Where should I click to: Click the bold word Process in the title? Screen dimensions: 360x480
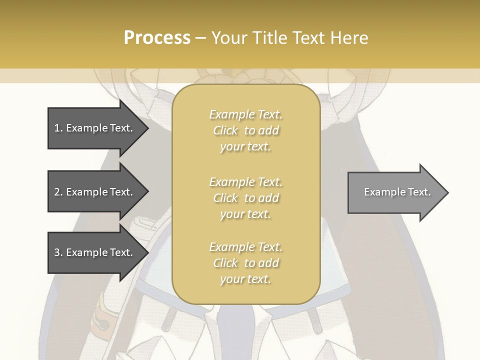click(157, 38)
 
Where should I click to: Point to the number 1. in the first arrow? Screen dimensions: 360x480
click(58, 128)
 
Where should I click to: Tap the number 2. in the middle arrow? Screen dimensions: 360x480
click(58, 192)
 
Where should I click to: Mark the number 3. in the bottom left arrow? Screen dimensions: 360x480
click(58, 252)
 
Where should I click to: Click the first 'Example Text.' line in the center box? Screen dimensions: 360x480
click(245, 114)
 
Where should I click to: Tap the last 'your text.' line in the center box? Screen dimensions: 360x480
click(245, 279)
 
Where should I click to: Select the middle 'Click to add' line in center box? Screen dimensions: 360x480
click(245, 198)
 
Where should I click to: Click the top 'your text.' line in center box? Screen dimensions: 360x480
click(245, 146)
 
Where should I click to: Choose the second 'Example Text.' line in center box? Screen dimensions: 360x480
click(245, 182)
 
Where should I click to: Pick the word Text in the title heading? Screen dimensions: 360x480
click(306, 38)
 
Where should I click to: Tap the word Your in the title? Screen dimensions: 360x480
click(228, 38)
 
